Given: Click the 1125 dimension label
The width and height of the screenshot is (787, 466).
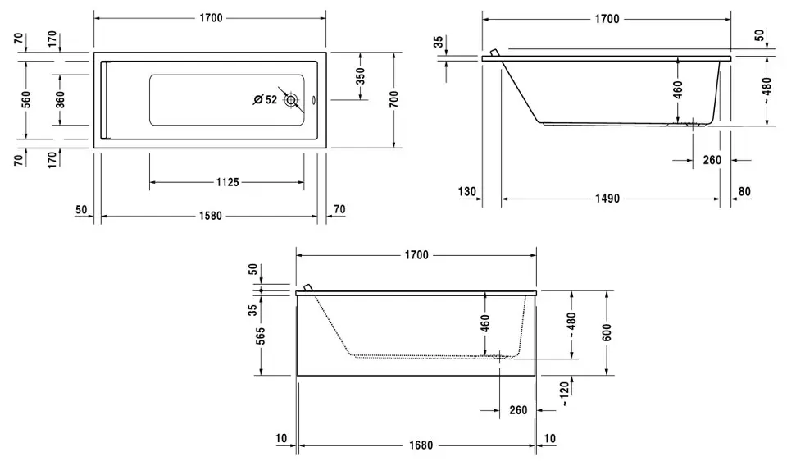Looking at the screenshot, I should coord(223,182).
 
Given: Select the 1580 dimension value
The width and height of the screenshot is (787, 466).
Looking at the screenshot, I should coord(210,217).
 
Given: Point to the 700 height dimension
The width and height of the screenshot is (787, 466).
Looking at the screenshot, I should coord(394,99).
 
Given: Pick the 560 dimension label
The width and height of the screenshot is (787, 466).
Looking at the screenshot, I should coord(26,99).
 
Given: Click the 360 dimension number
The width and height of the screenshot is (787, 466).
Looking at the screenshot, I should coord(61,99).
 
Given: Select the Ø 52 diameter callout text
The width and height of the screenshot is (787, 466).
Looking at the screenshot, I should coord(266,100).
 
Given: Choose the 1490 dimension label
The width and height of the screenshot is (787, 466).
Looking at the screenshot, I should coord(606,199).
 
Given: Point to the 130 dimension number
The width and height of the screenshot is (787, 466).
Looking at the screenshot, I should coord(467,192).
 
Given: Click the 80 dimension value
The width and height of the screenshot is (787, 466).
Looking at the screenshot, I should coord(744,192).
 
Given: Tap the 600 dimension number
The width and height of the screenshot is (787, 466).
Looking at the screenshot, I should coord(606,331).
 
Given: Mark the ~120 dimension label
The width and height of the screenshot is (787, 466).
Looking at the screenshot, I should coord(563,395).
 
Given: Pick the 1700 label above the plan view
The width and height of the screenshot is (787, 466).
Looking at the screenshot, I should coord(210,18).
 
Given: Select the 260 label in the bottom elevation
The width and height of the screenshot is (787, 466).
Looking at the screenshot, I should coord(518,411).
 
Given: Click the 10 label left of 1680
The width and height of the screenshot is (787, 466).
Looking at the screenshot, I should coord(282,439).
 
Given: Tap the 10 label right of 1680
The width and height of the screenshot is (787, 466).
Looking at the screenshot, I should coord(549,439).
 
